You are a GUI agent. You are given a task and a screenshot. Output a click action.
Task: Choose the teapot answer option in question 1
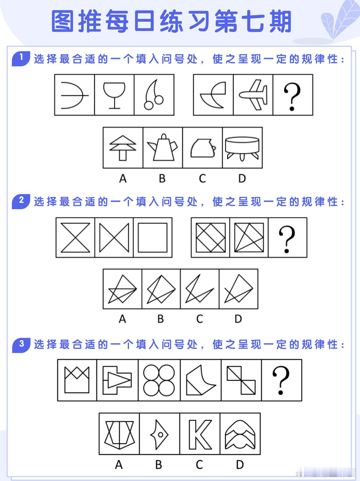[163, 147]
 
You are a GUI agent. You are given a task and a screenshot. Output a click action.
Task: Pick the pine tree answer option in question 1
[123, 147]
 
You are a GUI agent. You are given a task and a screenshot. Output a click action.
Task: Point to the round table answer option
[242, 147]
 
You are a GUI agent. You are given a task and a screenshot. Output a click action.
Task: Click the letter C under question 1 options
[202, 178]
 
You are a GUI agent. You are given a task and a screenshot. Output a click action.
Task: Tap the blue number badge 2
[21, 201]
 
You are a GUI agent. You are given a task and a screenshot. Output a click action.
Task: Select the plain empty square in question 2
[153, 238]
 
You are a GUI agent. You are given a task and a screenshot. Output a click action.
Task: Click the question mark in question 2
[287, 239]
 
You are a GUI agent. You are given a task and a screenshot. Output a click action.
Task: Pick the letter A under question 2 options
[122, 319]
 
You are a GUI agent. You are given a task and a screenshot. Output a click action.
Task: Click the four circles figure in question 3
[159, 380]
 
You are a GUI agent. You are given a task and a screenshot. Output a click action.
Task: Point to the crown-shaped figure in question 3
[77, 380]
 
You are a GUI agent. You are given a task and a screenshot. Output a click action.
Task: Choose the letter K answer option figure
[200, 434]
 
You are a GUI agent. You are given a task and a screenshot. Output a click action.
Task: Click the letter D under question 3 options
[240, 465]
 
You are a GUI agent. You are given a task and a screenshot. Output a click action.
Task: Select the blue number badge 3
[21, 344]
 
